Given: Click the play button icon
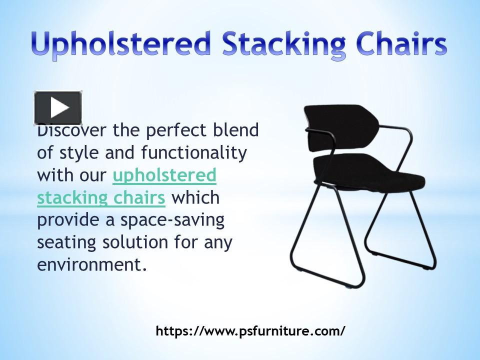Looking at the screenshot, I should point(58,107).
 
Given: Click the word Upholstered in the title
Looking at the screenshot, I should point(120,45).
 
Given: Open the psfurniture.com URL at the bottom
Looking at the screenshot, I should point(250,331).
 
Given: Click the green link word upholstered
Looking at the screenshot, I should point(164,175).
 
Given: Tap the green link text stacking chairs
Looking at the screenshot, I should point(101,198).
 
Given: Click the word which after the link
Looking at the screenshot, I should point(195,198).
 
